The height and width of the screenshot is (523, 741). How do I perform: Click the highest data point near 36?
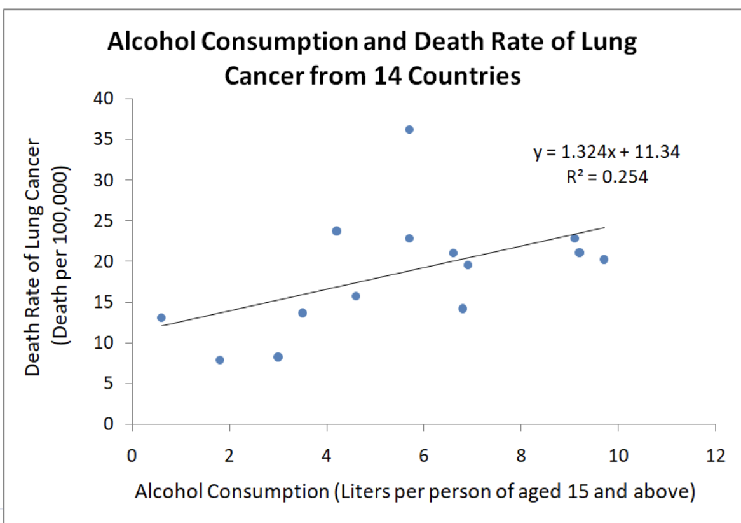pos(409,129)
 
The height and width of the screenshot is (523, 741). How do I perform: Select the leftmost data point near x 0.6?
pos(161,317)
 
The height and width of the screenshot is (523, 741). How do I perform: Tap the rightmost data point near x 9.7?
pos(604,259)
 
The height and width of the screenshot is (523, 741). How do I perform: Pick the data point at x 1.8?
pos(220,359)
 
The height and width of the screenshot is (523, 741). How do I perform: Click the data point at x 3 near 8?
pos(278,357)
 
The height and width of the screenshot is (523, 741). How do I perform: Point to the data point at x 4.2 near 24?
pos(336,231)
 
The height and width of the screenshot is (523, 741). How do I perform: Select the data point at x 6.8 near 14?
pos(463,309)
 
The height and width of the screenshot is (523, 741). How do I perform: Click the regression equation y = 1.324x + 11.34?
pos(606,152)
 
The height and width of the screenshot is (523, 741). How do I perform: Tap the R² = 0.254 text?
pos(607,178)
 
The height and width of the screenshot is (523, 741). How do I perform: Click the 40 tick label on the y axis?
pos(105,99)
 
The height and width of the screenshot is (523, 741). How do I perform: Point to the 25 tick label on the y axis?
pos(105,221)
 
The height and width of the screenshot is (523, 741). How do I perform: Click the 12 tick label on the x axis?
pos(716,456)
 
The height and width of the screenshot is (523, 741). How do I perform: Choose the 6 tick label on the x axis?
pos(423,456)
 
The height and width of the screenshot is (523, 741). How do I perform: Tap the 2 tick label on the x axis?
pos(229,456)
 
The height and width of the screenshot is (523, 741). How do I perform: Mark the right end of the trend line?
pos(604,227)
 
